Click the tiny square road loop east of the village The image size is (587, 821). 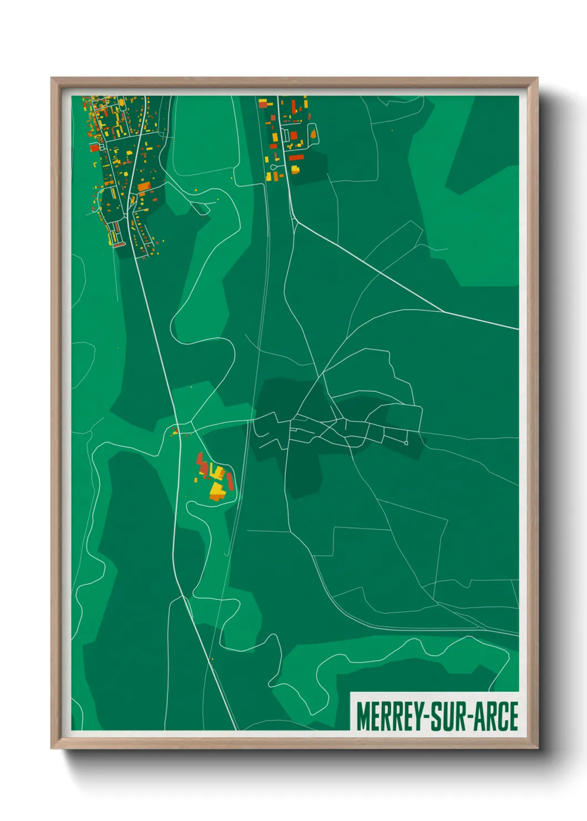click(406, 443)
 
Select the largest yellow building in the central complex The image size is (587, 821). click(216, 490)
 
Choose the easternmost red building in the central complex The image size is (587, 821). click(230, 482)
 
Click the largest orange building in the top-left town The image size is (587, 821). click(144, 187)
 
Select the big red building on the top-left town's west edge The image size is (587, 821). click(94, 148)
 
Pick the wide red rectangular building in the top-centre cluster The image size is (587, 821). click(296, 158)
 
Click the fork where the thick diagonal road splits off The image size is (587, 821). click(296, 222)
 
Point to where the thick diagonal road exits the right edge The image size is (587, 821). click(518, 329)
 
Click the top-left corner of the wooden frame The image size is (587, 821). click(52, 79)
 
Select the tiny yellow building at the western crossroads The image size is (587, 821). click(175, 431)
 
